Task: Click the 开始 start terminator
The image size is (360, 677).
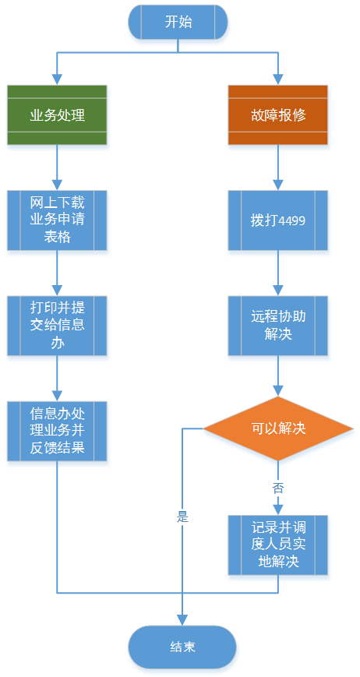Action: click(178, 22)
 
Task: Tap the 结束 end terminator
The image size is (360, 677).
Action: click(182, 647)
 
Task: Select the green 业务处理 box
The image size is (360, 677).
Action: click(57, 115)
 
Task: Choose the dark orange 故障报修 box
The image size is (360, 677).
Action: click(278, 115)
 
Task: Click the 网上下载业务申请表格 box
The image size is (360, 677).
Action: click(57, 220)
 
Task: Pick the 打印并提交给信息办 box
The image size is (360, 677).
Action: click(57, 326)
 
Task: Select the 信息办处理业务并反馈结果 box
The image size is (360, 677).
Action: click(57, 431)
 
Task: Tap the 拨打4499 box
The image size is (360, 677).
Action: click(278, 220)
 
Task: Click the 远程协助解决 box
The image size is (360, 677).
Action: click(278, 326)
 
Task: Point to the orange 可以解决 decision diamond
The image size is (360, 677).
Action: click(278, 428)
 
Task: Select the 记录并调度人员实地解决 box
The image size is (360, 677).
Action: click(278, 545)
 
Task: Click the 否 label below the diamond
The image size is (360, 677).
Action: click(278, 488)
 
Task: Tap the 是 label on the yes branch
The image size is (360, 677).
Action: click(182, 517)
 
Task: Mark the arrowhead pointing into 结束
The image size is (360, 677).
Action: click(182, 620)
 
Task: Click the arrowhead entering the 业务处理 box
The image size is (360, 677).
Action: click(57, 79)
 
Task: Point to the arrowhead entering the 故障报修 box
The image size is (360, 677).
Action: click(278, 79)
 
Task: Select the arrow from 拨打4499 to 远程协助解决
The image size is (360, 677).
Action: click(278, 273)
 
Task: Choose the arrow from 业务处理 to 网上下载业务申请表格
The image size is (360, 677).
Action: click(57, 167)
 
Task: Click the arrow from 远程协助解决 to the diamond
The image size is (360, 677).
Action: click(278, 376)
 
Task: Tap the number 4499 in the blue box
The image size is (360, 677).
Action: click(292, 221)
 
